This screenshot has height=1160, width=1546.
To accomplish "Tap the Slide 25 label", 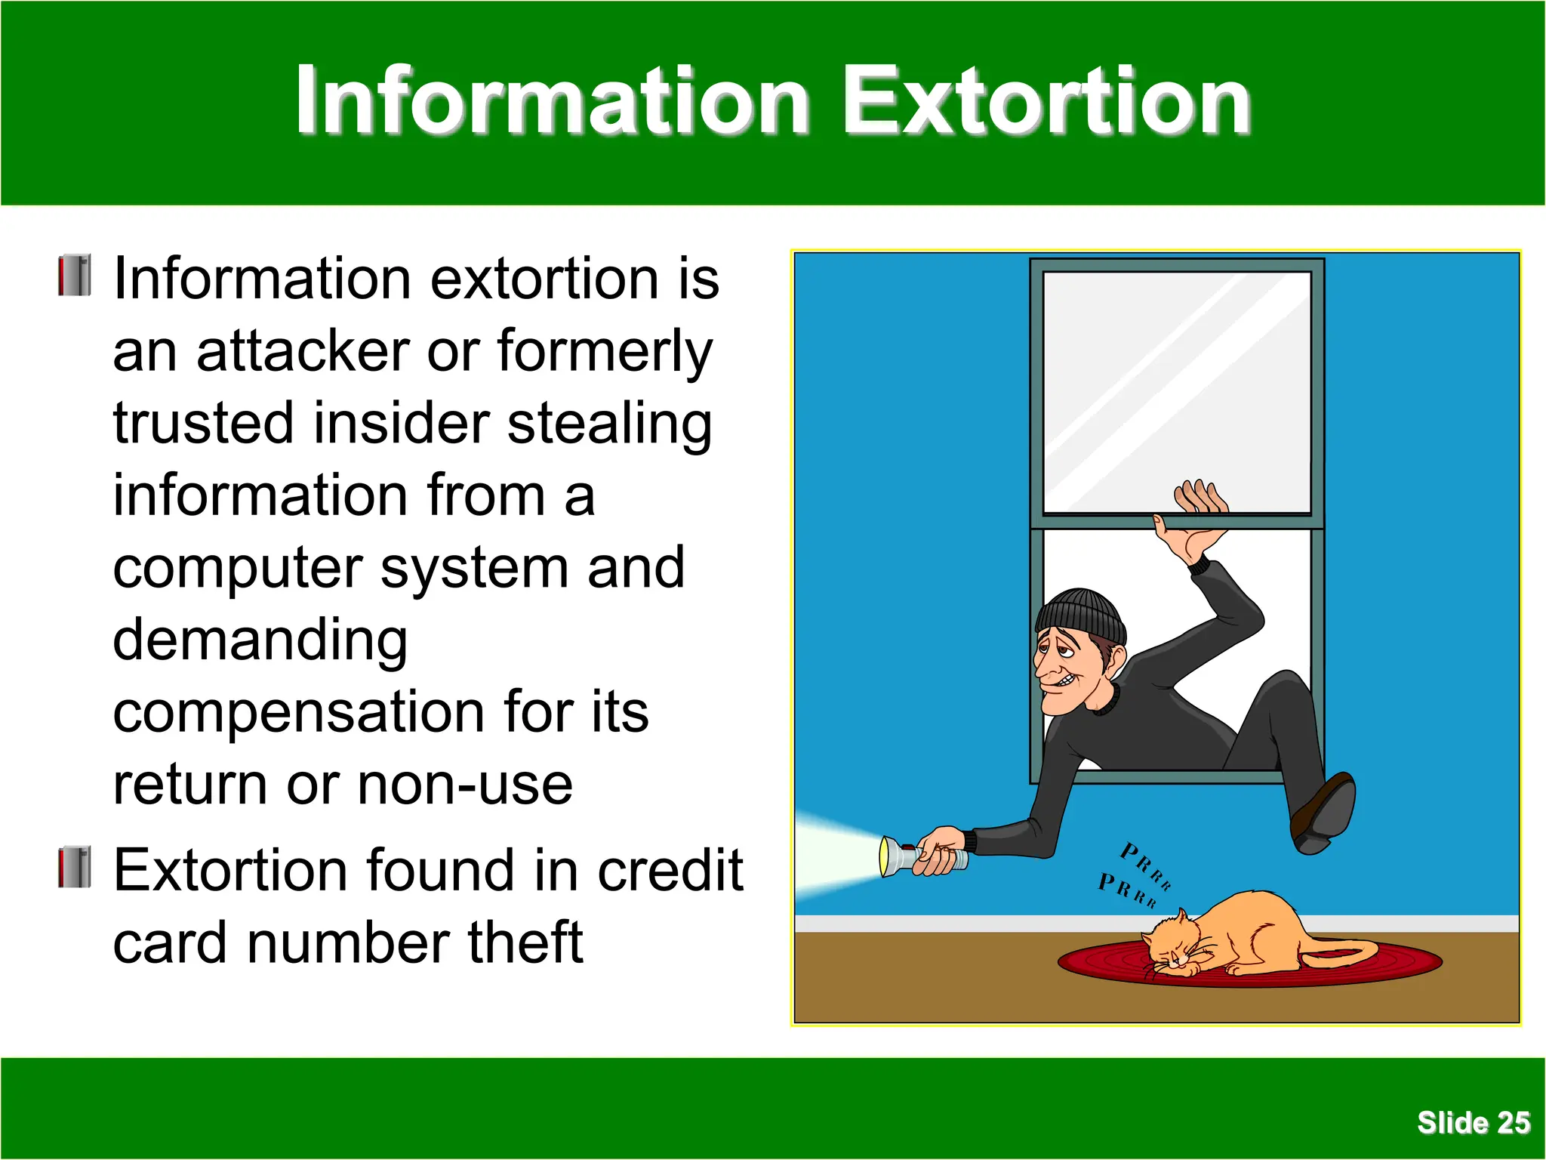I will point(1473,1122).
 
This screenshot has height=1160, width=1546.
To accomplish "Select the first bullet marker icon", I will point(75,276).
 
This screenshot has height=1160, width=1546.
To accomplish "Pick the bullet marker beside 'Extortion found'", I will point(75,867).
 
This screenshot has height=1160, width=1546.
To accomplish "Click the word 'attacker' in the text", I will point(302,351).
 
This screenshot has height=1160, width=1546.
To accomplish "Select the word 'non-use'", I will point(465,785).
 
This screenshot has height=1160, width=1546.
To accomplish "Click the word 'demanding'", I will point(260,640).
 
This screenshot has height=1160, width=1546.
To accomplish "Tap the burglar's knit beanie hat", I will point(1079,612).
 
